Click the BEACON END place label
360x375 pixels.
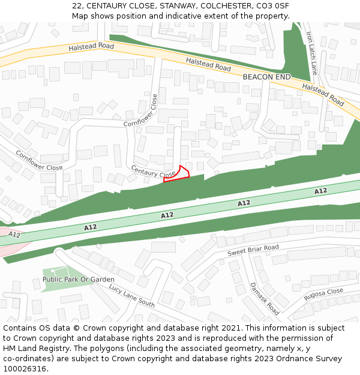click(x=266, y=77)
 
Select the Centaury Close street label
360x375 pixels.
click(x=153, y=172)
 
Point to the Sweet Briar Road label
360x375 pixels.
click(x=253, y=251)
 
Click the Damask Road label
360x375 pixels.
click(x=265, y=299)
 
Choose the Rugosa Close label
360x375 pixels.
click(x=323, y=295)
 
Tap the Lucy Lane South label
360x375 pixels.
click(x=131, y=296)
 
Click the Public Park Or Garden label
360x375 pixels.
click(x=78, y=280)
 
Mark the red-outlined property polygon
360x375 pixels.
click(x=178, y=174)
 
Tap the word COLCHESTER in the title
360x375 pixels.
click(x=224, y=5)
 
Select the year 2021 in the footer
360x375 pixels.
click(x=229, y=328)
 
